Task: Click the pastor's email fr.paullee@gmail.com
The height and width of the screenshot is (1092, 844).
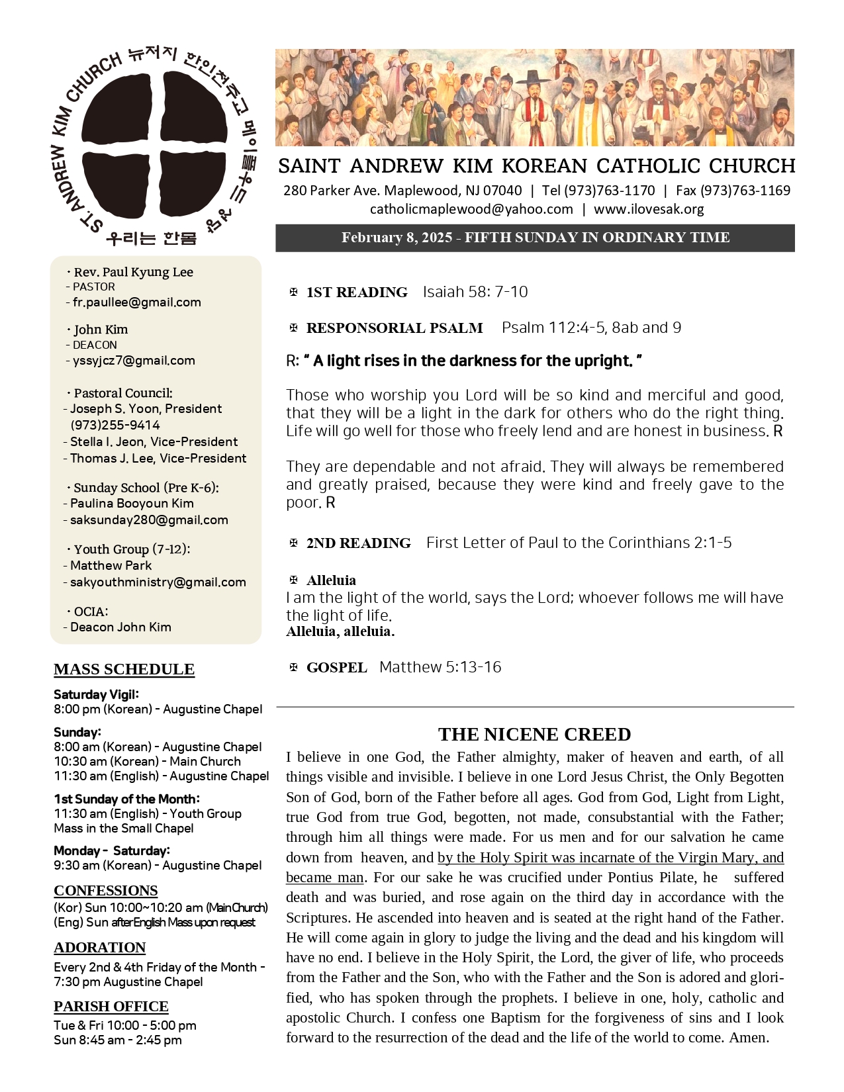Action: [136, 302]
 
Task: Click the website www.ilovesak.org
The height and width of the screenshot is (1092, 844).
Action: [649, 209]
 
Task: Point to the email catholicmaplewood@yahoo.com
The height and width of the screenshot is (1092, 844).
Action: [471, 209]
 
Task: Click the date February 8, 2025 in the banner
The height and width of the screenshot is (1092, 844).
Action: [397, 238]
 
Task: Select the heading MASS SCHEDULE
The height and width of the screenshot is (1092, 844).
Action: [124, 669]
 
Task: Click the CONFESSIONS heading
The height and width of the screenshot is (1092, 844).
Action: [105, 890]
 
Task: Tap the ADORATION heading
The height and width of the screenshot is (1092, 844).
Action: [99, 947]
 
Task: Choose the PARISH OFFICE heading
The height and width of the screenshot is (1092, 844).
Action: [111, 1006]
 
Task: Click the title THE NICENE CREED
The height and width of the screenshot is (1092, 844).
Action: [534, 734]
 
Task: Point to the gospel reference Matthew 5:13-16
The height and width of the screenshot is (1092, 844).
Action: [440, 667]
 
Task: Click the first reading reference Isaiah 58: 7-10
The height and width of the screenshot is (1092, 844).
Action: [475, 292]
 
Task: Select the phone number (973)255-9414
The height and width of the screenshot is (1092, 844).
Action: [115, 425]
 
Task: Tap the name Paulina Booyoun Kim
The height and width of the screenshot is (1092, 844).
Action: [132, 504]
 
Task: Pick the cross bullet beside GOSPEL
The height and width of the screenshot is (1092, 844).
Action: [293, 667]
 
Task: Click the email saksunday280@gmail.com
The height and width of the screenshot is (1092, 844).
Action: [149, 520]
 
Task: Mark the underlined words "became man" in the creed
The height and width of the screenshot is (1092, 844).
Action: [324, 878]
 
